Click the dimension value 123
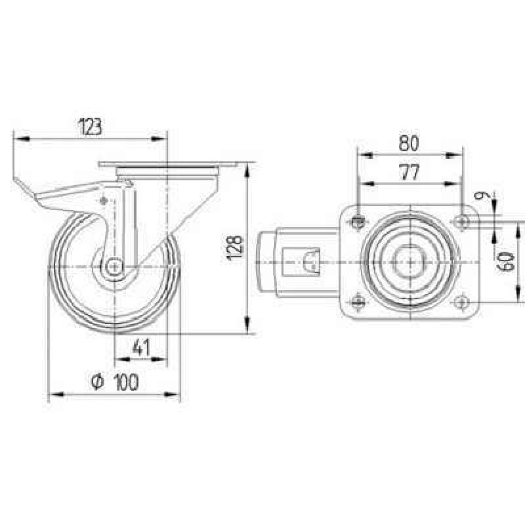pyautogui.click(x=89, y=127)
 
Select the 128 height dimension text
pyautogui.click(x=235, y=248)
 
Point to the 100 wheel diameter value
pyautogui.click(x=126, y=382)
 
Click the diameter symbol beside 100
pyautogui.click(x=97, y=382)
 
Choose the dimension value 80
pyautogui.click(x=409, y=143)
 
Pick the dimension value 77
pyautogui.click(x=409, y=173)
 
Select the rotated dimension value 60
pyautogui.click(x=505, y=261)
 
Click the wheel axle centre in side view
pyautogui.click(x=114, y=267)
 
